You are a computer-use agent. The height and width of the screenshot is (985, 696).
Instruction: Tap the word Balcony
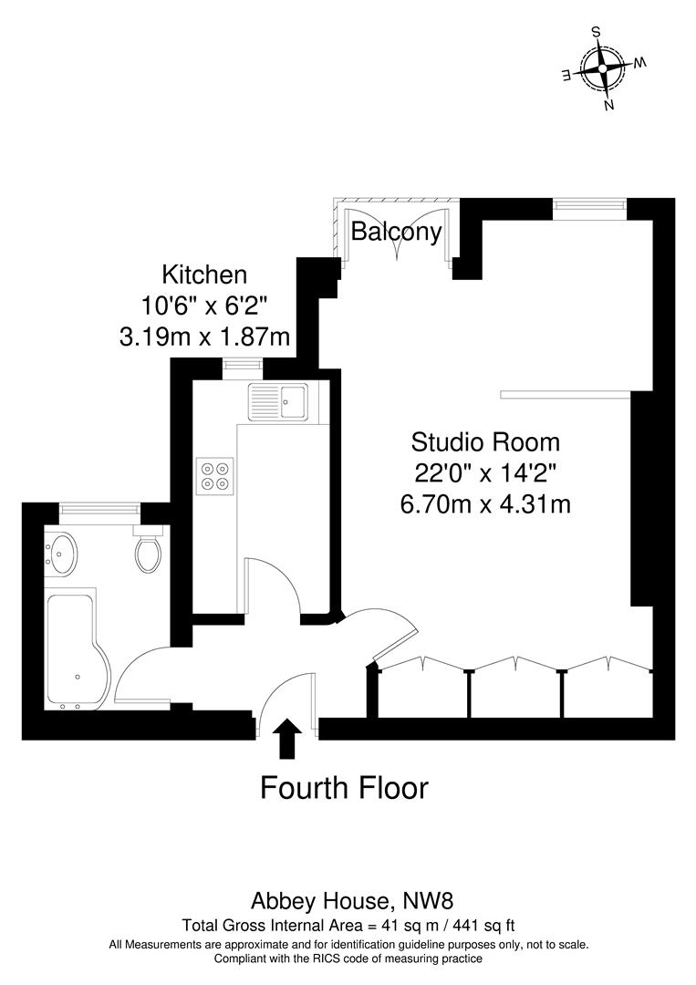pos(397,232)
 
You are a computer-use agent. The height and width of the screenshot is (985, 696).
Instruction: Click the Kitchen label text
pos(204,274)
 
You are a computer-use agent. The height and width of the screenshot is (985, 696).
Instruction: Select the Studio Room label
pos(484,442)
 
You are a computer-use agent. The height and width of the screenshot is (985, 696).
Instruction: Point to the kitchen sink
pos(279,399)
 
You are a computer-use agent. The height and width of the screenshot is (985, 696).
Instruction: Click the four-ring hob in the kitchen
pos(215,474)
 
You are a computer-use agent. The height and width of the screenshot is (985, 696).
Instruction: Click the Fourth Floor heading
pos(344,787)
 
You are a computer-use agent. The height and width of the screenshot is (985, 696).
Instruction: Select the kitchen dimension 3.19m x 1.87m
pos(204,337)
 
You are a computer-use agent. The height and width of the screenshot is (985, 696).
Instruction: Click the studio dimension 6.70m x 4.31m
pos(485,503)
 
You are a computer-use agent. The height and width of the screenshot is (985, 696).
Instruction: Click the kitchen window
pos(242,367)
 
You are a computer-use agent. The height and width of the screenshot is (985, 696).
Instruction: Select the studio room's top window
pos(589,208)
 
